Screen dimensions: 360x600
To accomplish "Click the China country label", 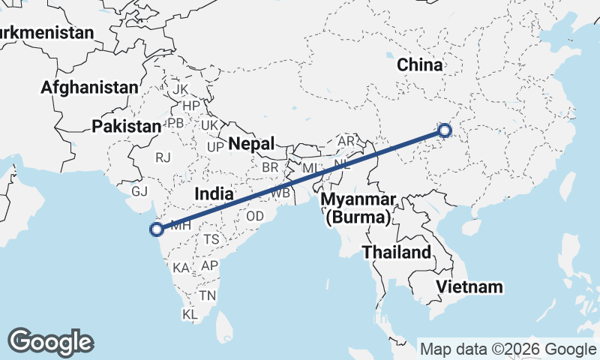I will click(x=420, y=65).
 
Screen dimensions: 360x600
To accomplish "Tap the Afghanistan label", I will click(x=89, y=88).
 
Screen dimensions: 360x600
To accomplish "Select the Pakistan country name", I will click(x=127, y=127).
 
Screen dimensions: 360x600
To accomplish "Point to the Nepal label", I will click(x=252, y=143).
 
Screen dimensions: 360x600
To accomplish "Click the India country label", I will click(x=213, y=194).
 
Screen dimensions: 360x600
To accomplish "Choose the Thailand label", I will click(x=397, y=252).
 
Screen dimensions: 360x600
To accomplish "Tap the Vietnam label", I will click(x=469, y=286).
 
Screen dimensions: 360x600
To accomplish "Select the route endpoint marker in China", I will click(x=445, y=130).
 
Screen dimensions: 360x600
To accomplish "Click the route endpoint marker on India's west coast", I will click(x=157, y=229).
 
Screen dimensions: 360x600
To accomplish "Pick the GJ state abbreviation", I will click(x=139, y=191).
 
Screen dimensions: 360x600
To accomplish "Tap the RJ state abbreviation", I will click(x=163, y=157).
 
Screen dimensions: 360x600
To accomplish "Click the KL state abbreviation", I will click(x=190, y=314).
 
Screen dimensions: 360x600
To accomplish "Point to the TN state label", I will click(x=208, y=295).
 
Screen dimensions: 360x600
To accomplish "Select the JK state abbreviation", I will click(x=180, y=89).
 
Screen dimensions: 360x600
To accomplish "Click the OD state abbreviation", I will click(x=255, y=216).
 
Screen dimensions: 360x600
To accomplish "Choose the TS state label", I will click(x=211, y=239).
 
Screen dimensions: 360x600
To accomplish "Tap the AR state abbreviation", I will click(x=346, y=141).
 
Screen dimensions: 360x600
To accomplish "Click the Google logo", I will click(x=50, y=341).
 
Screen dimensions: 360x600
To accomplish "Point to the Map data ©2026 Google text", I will click(x=507, y=349).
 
